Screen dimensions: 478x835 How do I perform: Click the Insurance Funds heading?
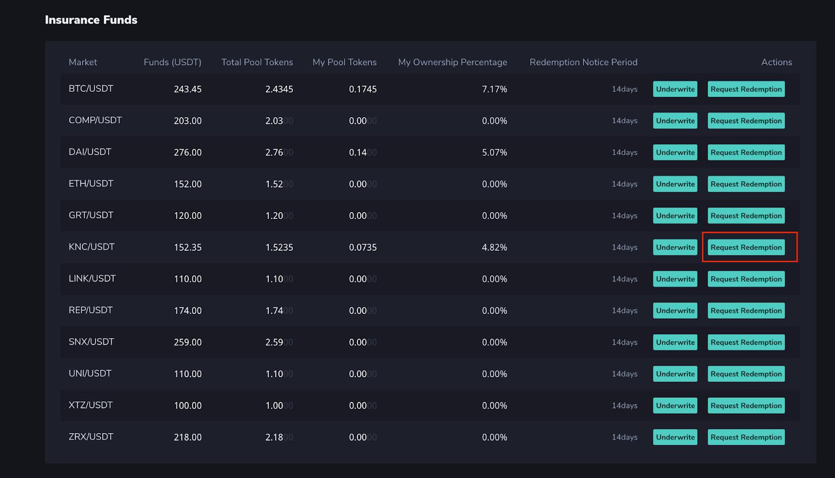[91, 20]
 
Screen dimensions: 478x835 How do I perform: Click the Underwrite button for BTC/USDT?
[675, 89]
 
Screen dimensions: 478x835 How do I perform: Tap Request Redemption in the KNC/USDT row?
[746, 247]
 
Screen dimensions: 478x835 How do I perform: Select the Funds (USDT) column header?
[172, 62]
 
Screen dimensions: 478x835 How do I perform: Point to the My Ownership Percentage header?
[452, 62]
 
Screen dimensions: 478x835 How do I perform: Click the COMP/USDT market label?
[95, 120]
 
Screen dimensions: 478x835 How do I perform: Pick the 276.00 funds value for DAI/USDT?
[187, 153]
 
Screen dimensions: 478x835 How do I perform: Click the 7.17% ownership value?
[494, 89]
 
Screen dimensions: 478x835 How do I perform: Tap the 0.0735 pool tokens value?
[363, 248]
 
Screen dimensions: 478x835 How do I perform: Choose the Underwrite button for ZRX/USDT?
[675, 437]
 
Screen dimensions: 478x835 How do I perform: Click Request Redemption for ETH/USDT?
[746, 184]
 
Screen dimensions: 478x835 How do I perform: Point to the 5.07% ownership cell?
[494, 153]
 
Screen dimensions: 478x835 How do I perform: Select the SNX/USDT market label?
[91, 342]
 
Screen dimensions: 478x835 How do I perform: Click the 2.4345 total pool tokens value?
[279, 89]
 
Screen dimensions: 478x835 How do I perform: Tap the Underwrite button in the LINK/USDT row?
[675, 279]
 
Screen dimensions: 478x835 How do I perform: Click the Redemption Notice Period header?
[583, 62]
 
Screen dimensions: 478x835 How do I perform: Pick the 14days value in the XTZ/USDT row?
[624, 405]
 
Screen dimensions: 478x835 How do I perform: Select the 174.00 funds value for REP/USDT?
[187, 311]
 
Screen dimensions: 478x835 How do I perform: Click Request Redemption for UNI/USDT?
[746, 374]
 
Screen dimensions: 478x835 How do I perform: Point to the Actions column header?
[776, 62]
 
